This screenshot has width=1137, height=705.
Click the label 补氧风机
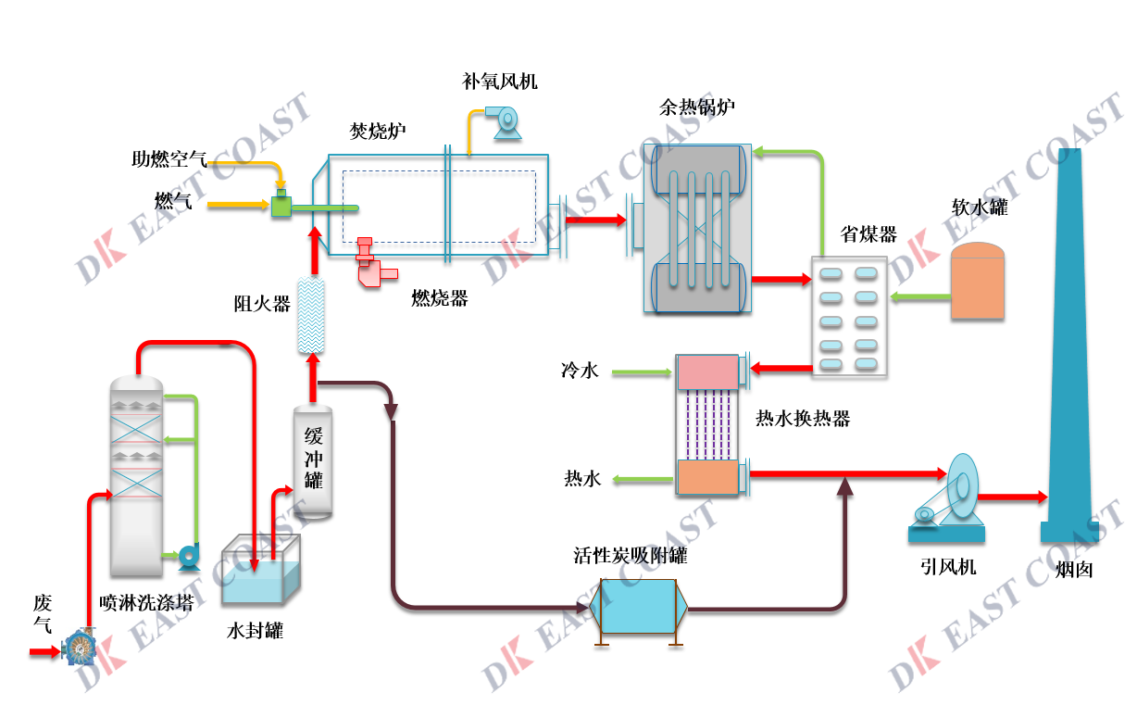point(500,82)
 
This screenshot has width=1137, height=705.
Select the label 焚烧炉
point(377,130)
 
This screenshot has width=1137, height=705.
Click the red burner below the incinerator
point(373,263)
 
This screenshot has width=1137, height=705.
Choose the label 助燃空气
point(168,159)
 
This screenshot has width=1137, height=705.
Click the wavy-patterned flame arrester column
point(311,315)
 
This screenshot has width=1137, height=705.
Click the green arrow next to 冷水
point(641,372)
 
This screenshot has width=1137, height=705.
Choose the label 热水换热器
point(803,419)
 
